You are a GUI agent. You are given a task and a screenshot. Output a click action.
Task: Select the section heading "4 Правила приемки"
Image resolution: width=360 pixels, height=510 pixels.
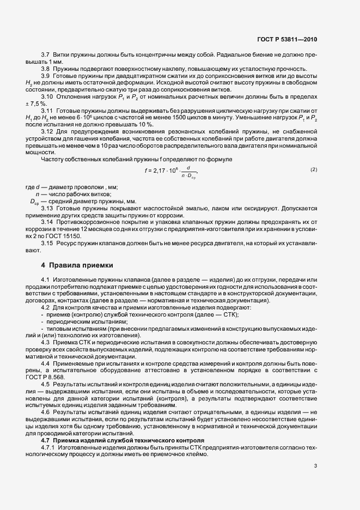[x=77, y=265]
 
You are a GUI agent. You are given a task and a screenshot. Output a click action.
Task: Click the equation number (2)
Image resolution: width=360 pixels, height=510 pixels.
[x=314, y=169]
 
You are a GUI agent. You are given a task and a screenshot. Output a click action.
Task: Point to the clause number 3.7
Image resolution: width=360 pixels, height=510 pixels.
[x=46, y=55]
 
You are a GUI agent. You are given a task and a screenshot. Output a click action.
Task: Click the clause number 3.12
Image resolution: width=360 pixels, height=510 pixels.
[x=47, y=131]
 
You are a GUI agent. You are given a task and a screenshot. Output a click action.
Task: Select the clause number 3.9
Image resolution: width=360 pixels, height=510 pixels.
[x=46, y=75]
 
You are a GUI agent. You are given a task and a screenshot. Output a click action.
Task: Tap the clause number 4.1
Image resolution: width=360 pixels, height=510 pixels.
[x=46, y=280]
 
